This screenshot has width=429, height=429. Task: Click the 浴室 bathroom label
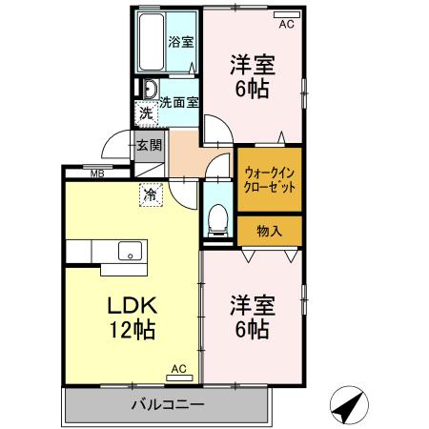tap(181, 41)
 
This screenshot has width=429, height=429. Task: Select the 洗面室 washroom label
tap(179, 102)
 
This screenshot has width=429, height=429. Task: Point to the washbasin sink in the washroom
tap(150, 91)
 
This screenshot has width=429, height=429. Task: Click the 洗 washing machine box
tap(146, 114)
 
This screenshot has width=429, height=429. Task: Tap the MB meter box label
tap(97, 174)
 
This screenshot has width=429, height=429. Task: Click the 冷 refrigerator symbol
tap(151, 194)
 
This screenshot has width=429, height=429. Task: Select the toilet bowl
tap(216, 218)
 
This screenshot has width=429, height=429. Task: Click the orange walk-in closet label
tap(270, 179)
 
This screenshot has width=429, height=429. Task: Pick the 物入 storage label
tap(270, 230)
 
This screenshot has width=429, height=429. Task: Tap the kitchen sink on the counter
tap(128, 253)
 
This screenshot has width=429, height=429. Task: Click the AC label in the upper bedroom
tap(287, 24)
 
